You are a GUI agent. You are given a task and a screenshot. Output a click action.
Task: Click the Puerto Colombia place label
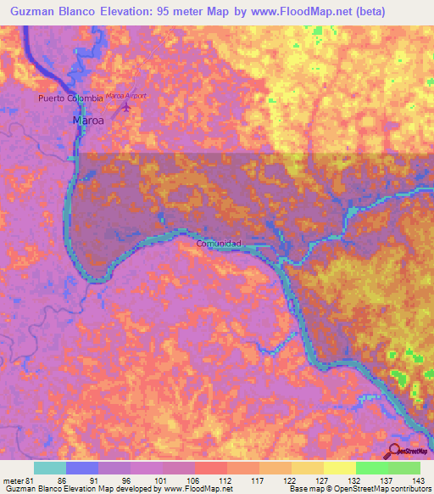click(x=70, y=98)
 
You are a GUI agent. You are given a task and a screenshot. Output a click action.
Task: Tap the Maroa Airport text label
click(x=126, y=96)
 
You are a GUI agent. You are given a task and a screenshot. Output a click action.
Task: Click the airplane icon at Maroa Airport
click(x=128, y=108)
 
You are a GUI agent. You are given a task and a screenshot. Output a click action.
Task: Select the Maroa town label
click(x=87, y=121)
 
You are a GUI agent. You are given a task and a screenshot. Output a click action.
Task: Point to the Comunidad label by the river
click(x=220, y=244)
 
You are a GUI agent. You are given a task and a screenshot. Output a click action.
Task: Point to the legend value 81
click(x=32, y=480)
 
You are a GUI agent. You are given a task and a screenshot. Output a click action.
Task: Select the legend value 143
click(x=418, y=480)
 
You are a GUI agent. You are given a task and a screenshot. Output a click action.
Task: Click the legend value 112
click(x=225, y=480)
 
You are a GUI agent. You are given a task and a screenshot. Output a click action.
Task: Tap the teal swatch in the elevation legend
click(x=50, y=468)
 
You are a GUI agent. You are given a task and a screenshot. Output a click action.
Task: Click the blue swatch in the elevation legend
click(x=82, y=468)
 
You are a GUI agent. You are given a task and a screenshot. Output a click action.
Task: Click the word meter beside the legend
click(x=13, y=480)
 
